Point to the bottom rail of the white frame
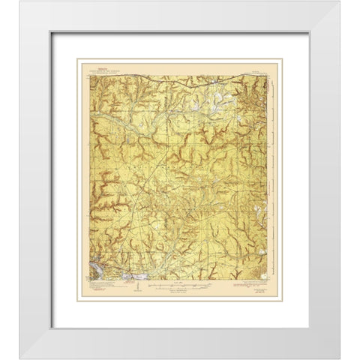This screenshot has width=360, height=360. pyautogui.click(x=180, y=346)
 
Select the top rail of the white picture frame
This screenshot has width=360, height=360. pyautogui.click(x=180, y=16)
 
